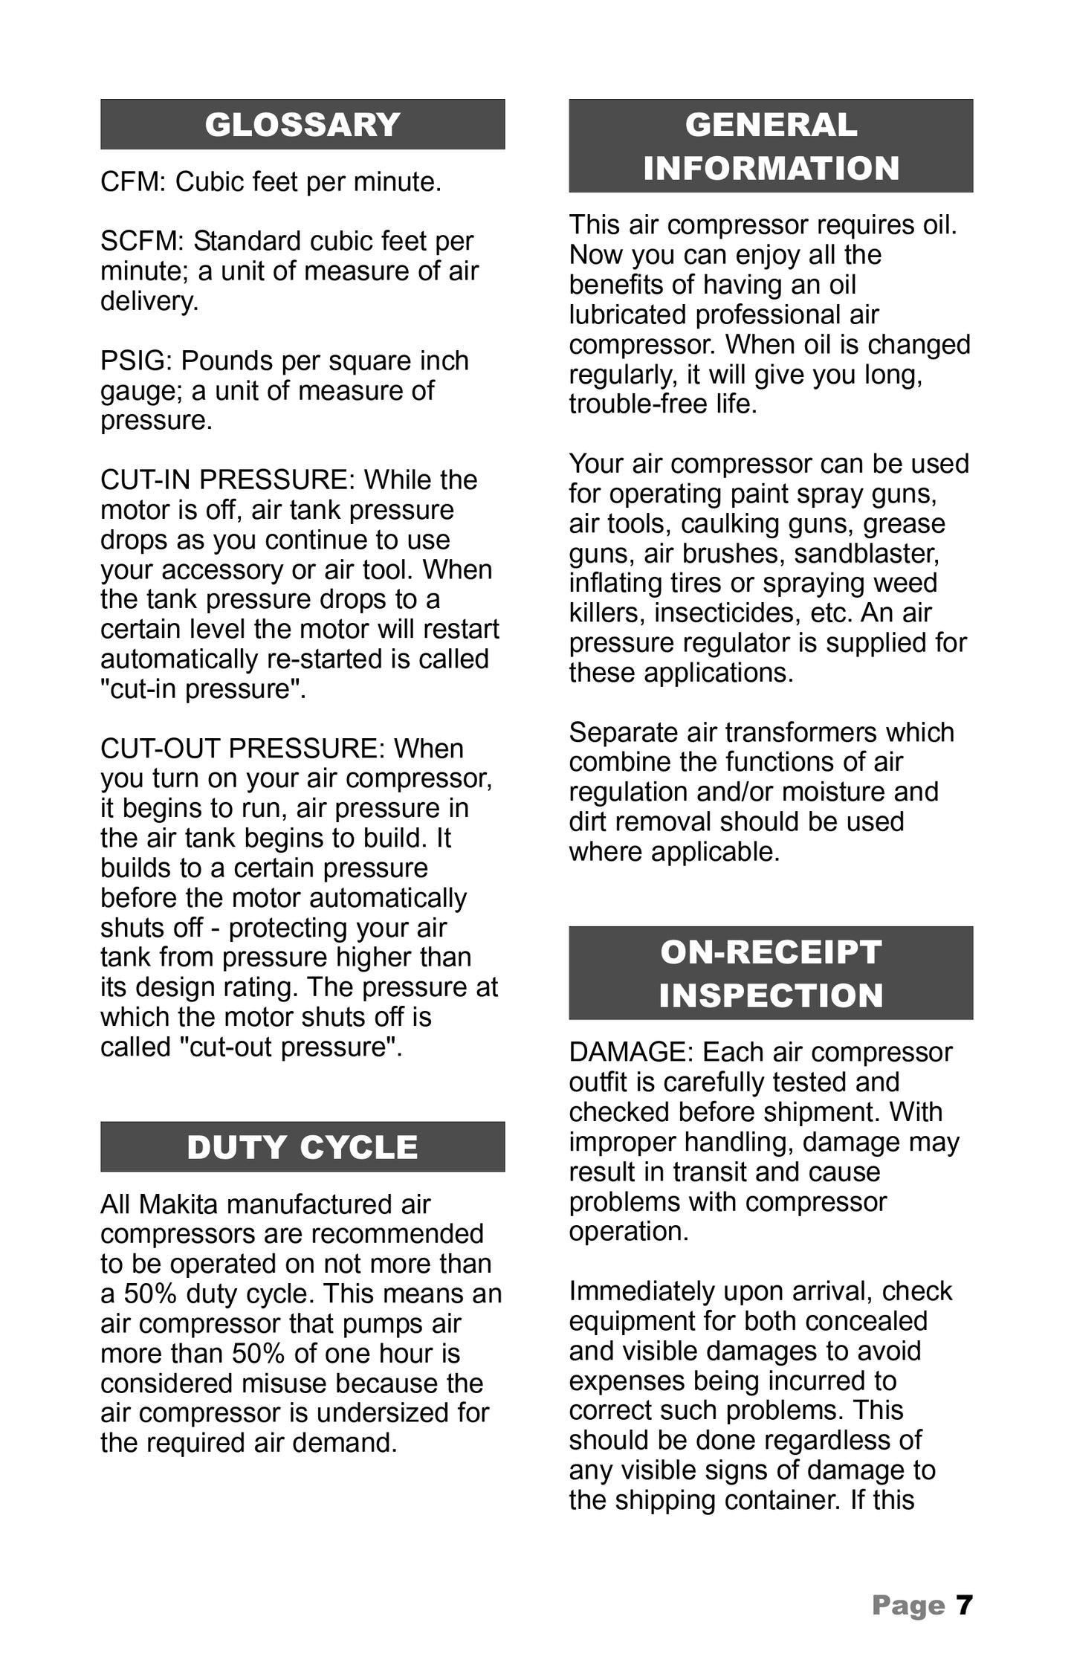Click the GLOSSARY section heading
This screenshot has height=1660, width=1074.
click(x=303, y=125)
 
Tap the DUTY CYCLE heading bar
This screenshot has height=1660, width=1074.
click(x=303, y=1147)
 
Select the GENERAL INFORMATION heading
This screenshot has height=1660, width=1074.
click(x=771, y=146)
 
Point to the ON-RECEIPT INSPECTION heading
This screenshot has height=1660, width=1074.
click(x=771, y=973)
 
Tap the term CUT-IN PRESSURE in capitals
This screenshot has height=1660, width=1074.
click(x=227, y=480)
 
